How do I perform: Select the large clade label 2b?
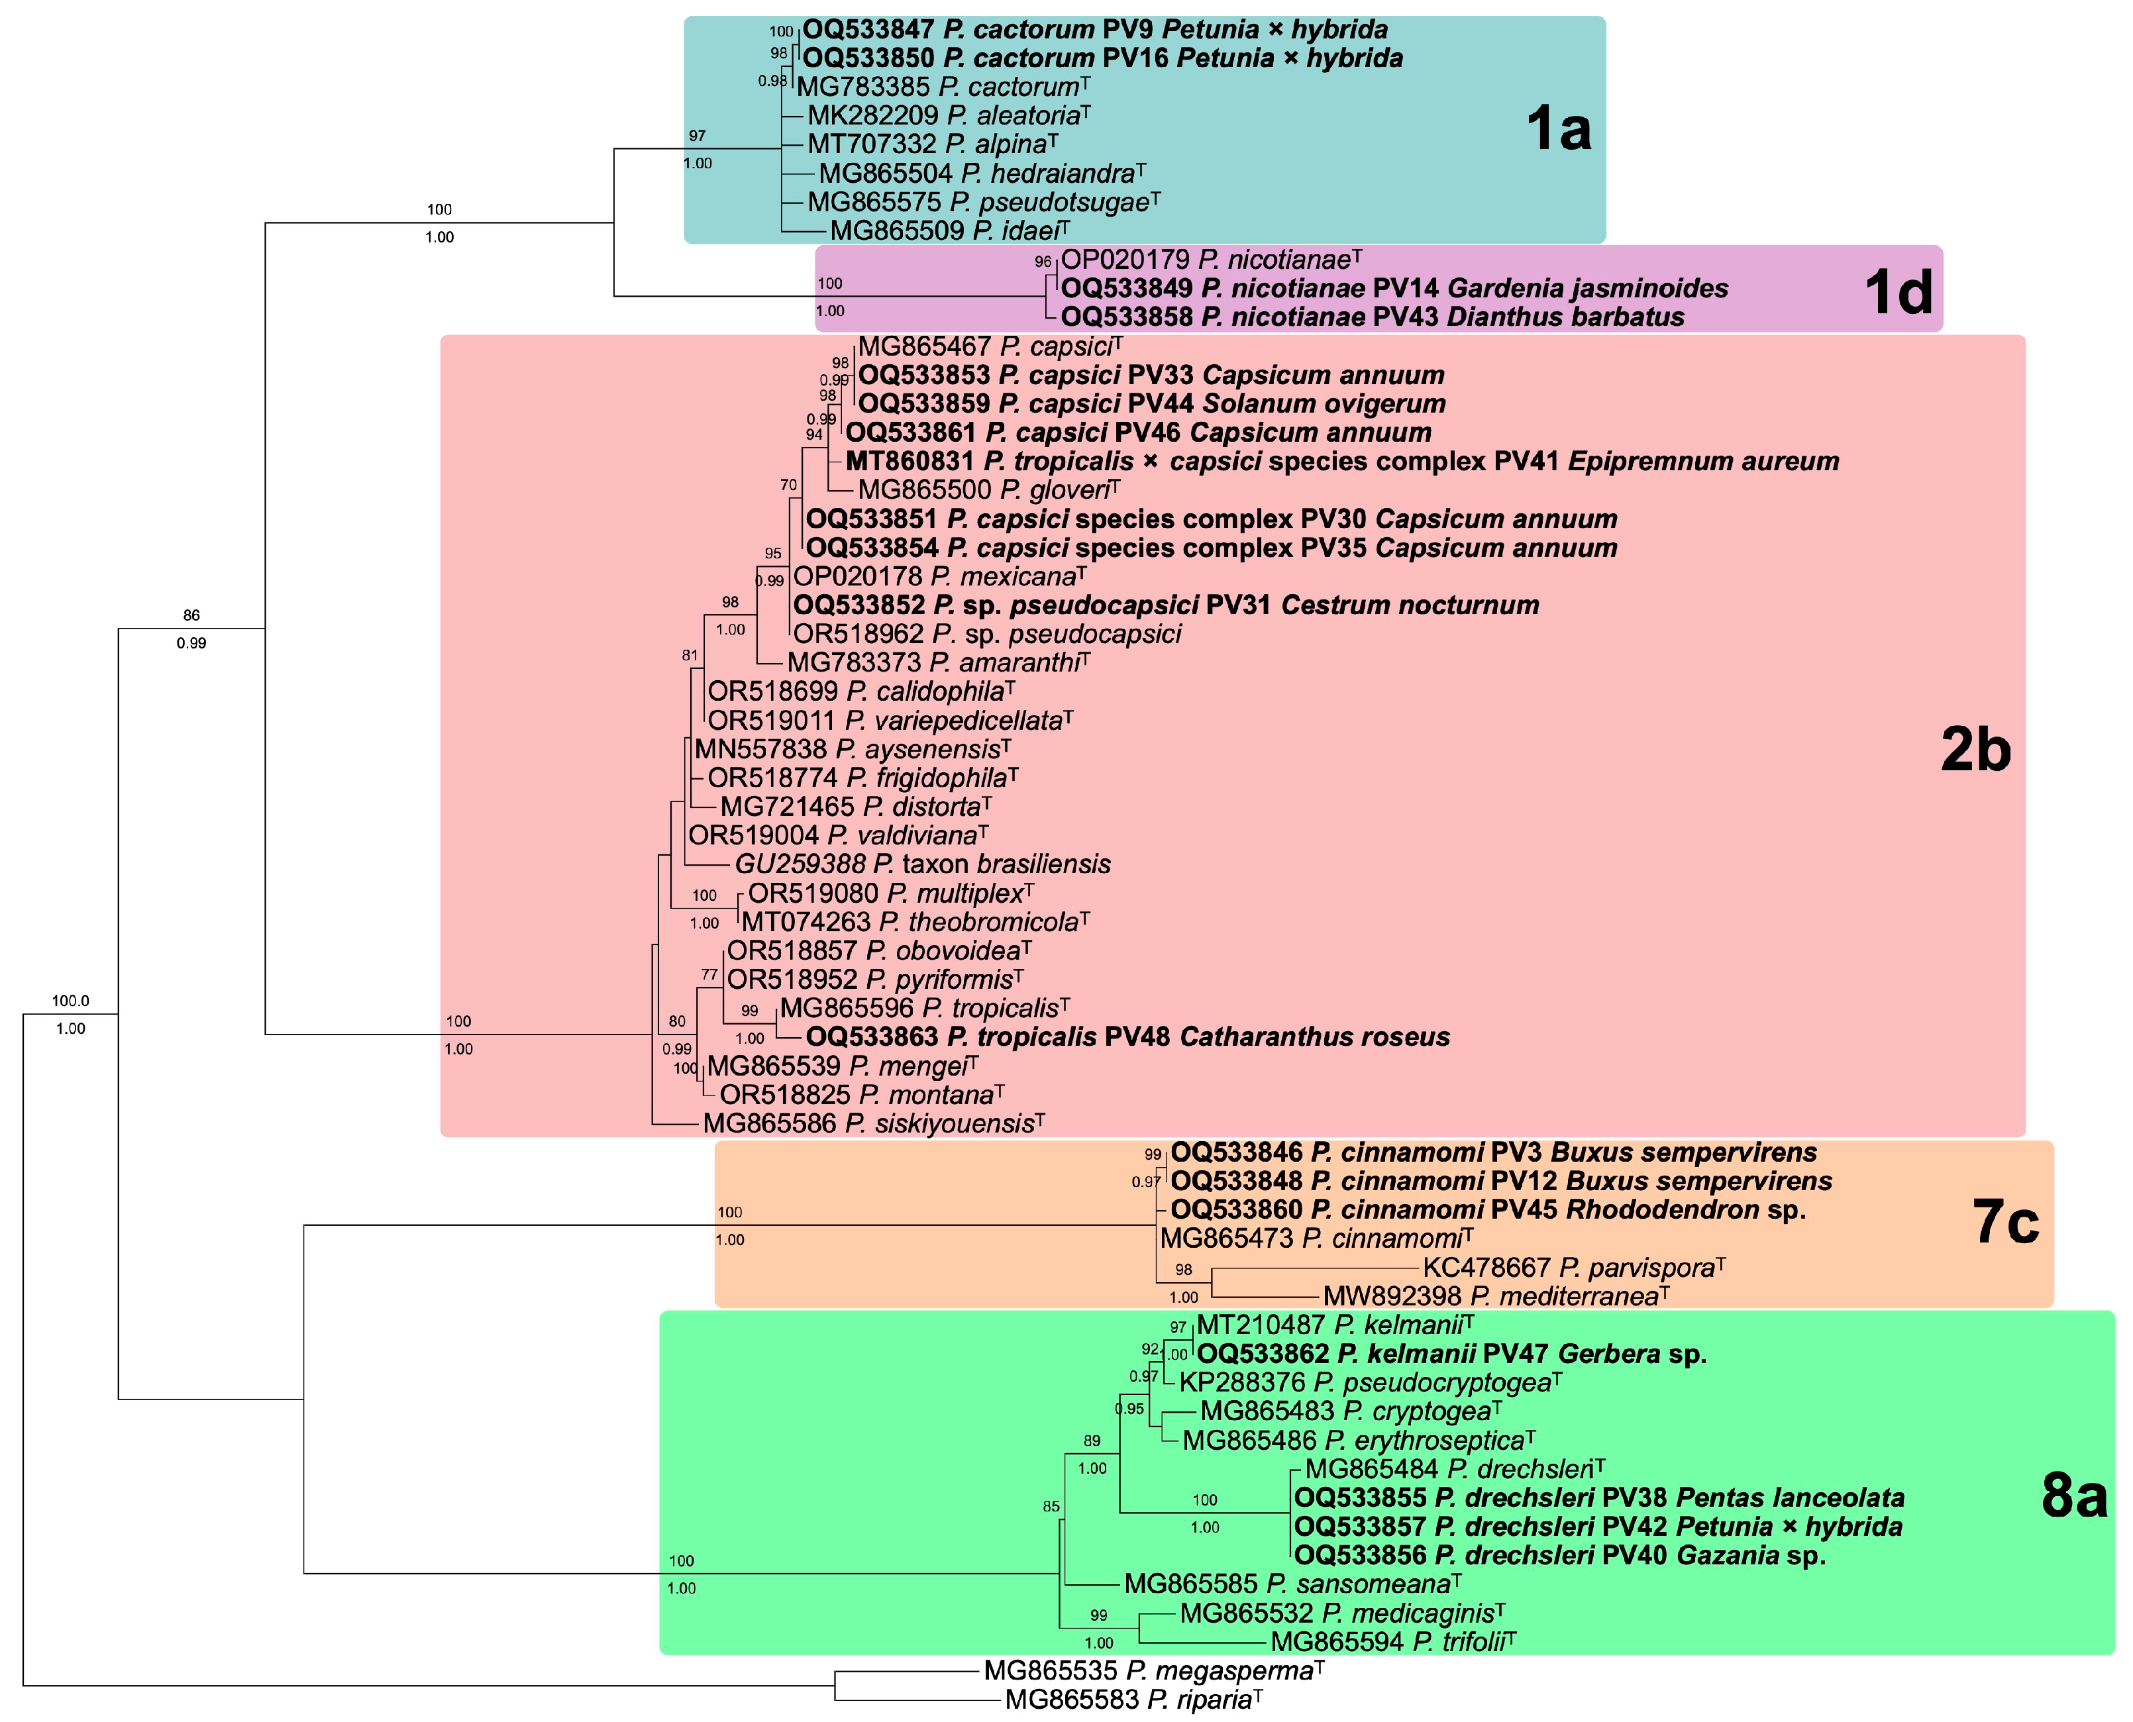pos(1975,749)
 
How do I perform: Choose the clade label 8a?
pos(2073,1494)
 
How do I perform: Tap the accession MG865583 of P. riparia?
pos(1071,1699)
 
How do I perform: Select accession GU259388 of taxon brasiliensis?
pos(800,864)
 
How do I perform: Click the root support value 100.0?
pos(70,1001)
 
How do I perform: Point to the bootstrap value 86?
pos(191,615)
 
